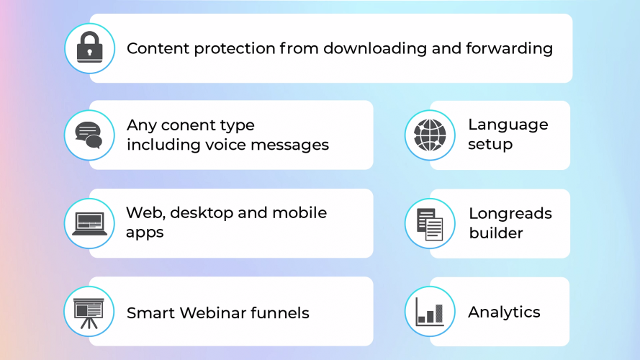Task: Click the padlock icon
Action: tap(89, 48)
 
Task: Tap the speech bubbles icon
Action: tap(89, 135)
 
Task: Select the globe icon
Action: tap(430, 135)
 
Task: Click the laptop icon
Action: tap(89, 224)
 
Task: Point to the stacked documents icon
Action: tap(430, 224)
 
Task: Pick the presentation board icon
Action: tap(89, 313)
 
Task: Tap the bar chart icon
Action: tap(430, 312)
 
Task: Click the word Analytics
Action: tap(504, 312)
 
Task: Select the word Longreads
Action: tap(510, 214)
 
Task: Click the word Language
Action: tap(508, 125)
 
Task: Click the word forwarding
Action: tap(510, 48)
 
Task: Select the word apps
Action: tap(145, 233)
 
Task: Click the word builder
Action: tap(496, 233)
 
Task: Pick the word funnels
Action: tap(280, 313)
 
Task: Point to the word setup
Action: tap(490, 145)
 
